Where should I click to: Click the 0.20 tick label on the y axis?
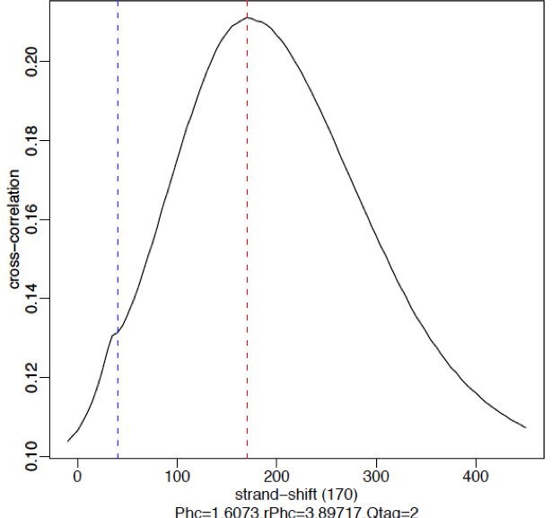(x=33, y=61)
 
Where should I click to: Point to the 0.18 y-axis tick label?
(x=33, y=141)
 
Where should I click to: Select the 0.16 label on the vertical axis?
(x=33, y=219)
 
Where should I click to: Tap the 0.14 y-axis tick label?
(x=33, y=298)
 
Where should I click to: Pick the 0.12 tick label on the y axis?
(x=33, y=377)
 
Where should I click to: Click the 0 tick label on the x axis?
(x=77, y=476)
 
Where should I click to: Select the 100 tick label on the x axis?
(x=178, y=476)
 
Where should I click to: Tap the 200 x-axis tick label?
(x=277, y=476)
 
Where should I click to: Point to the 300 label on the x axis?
(x=377, y=476)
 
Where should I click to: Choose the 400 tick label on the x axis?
(x=477, y=476)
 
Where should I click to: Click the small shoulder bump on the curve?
(x=113, y=335)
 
